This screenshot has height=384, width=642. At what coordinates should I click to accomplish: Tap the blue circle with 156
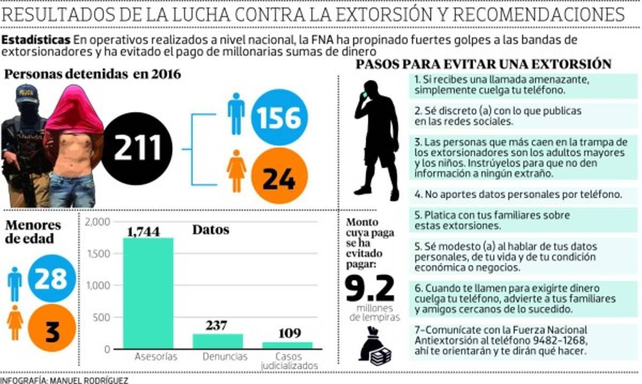[x=279, y=118]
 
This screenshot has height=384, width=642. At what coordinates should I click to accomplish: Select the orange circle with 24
[x=279, y=176]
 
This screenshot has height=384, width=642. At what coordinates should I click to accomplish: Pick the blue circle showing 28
[x=51, y=278]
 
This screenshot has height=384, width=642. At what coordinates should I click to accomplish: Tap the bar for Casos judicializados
[x=287, y=345]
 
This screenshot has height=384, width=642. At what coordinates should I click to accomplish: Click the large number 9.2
[x=370, y=289]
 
